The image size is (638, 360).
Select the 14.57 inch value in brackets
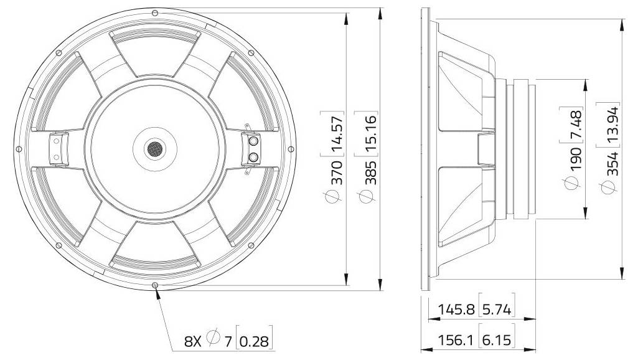click(337, 133)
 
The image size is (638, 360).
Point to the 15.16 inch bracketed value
click(370, 133)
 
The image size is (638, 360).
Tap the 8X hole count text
click(192, 341)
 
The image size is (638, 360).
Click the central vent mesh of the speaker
click(154, 149)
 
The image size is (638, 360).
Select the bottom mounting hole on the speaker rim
click(154, 286)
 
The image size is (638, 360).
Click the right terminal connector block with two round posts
click(253, 148)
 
